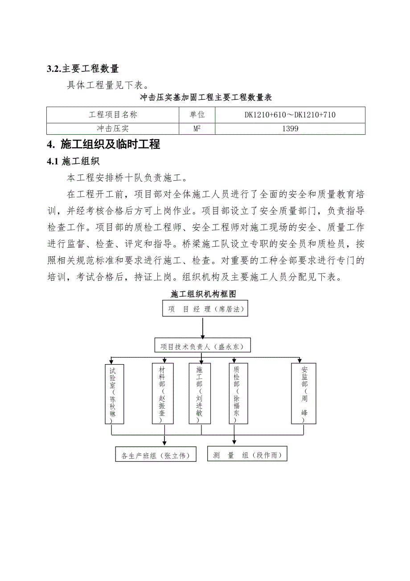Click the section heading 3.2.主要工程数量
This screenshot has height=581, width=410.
83,69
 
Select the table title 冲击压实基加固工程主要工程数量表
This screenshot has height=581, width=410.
206,97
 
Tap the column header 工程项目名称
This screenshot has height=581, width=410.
113,115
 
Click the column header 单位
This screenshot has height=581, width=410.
197,115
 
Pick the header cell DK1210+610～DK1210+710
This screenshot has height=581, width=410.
290,115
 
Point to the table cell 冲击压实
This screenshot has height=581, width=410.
113,129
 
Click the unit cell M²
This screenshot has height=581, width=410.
197,129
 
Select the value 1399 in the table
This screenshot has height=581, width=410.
290,129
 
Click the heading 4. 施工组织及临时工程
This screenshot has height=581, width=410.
103,145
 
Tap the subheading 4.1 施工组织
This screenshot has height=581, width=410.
73,162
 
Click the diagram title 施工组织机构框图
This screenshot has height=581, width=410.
203,294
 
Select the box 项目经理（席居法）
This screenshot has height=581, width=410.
205,309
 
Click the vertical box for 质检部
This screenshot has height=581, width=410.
236,394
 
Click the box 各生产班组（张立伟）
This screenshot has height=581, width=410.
156,455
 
